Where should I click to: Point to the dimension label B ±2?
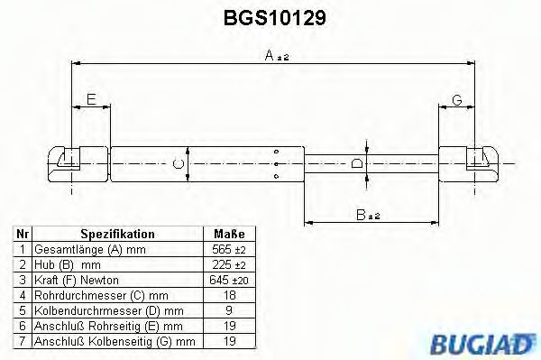[x=368, y=214]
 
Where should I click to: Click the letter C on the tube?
[x=179, y=163]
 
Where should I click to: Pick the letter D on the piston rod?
[x=357, y=163]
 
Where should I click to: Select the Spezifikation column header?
[x=117, y=234]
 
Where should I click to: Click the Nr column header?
[x=23, y=234]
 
